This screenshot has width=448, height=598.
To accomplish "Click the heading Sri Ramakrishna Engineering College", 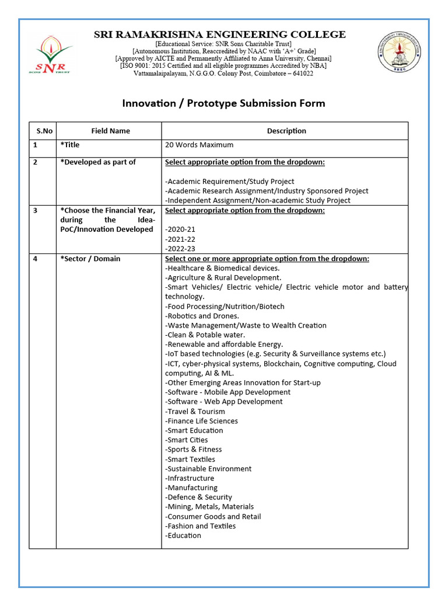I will coord(220,34).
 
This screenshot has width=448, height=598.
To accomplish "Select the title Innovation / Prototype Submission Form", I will coord(223,103).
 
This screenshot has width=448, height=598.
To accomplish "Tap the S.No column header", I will coord(44,131).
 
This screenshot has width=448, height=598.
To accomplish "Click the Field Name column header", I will coord(110,131).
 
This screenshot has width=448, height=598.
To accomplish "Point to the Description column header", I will coord(286,131).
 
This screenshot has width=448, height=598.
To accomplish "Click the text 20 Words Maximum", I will coord(199,145).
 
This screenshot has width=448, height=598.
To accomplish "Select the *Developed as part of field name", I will coord(98,162).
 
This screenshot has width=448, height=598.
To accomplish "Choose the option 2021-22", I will coord(180,239).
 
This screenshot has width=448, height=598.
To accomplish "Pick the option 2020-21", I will coord(180,230).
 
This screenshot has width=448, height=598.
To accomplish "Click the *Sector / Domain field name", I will coord(90,259).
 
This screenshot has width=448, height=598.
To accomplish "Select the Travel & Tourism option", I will coord(195,411).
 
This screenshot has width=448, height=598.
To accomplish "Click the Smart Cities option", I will coord(187,440).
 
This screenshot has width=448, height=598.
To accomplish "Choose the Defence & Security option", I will coord(198,497).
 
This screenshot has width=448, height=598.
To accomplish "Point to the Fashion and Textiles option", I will coord(201,526).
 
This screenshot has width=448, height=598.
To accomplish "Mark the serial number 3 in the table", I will coord(36,210).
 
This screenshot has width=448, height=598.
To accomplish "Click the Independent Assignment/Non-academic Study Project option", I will coord(258,200).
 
